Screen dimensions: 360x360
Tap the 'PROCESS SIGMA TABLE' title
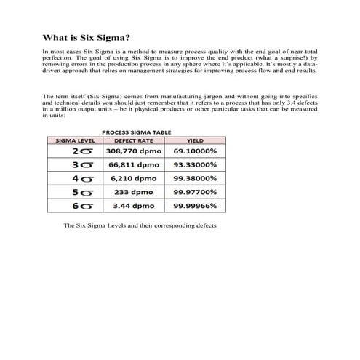[135, 132]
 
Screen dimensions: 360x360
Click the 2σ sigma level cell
[81, 151]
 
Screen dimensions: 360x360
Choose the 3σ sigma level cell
[81, 165]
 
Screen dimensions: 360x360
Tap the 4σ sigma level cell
[81, 179]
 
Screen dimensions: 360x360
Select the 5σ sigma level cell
[81, 193]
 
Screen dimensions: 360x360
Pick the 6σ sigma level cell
[81, 207]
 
